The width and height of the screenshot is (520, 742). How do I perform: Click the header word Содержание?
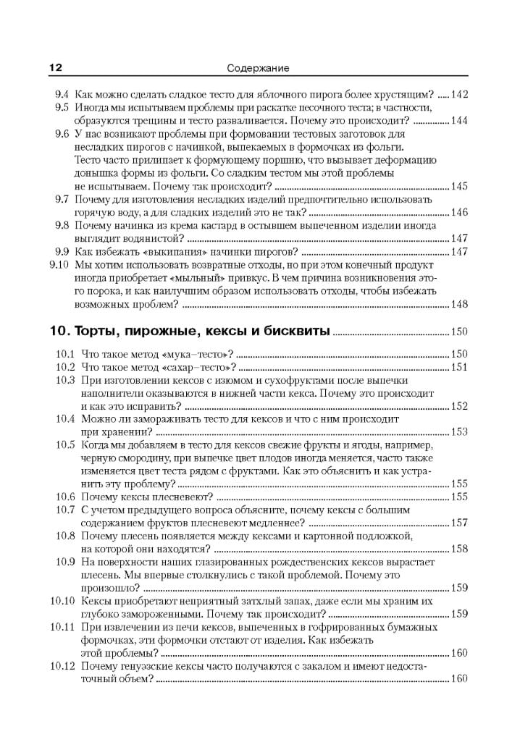pyautogui.click(x=258, y=68)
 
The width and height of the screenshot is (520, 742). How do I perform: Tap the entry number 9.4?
pyautogui.click(x=62, y=94)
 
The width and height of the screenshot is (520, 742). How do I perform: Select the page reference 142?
pyautogui.click(x=459, y=94)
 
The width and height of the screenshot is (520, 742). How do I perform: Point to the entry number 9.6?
pyautogui.click(x=62, y=134)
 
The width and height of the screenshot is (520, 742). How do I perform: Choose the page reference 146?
pyautogui.click(x=459, y=212)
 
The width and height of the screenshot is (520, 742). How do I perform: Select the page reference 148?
pyautogui.click(x=459, y=305)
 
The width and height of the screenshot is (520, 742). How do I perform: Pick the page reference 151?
pyautogui.click(x=459, y=367)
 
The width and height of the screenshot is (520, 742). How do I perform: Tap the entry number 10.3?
pyautogui.click(x=65, y=380)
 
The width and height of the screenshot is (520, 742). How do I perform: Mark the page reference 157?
pyautogui.click(x=459, y=523)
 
